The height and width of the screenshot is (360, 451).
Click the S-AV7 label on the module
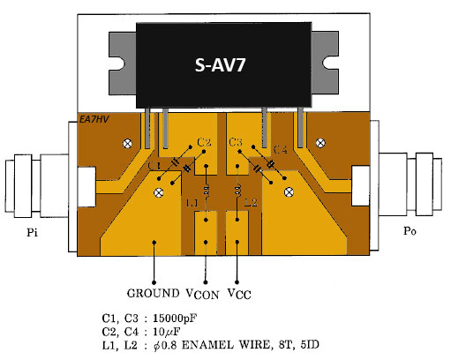click(x=220, y=64)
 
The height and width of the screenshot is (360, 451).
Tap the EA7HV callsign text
click(x=94, y=119)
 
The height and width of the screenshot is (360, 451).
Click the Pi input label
click(x=32, y=232)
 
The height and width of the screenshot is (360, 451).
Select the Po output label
click(x=410, y=231)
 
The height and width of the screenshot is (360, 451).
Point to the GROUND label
click(x=153, y=293)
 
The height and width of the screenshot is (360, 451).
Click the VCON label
click(x=203, y=294)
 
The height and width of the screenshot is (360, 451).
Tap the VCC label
click(x=239, y=294)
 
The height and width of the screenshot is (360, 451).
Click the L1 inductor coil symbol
click(x=207, y=190)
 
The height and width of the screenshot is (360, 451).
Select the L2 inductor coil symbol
click(x=237, y=190)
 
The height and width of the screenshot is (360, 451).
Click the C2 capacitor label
click(x=204, y=143)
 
